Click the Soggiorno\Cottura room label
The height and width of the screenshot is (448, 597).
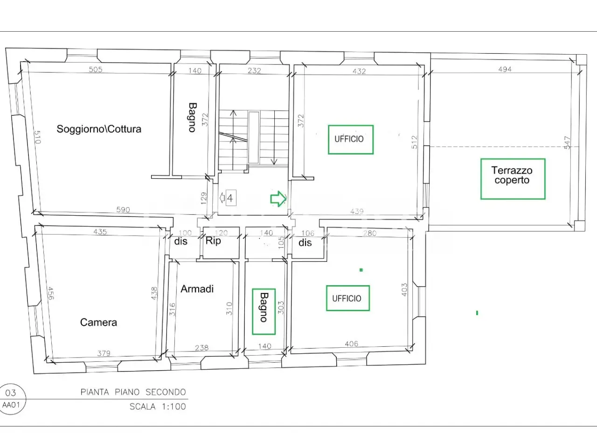[x=99, y=129]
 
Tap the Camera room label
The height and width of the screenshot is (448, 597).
[x=98, y=322]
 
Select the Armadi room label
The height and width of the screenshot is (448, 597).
[x=197, y=289]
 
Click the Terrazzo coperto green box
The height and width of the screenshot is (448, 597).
[x=513, y=179]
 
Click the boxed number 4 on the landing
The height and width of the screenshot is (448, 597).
[x=231, y=198]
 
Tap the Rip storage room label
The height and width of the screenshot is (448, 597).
[x=213, y=240]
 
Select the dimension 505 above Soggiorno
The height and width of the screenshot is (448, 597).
[x=96, y=70]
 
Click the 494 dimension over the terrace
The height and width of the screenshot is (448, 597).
[x=505, y=70]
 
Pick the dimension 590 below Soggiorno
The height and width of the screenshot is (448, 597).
[x=123, y=210]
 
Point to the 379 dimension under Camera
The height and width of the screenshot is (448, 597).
[x=104, y=353]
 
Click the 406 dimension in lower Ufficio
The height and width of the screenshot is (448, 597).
[x=351, y=344]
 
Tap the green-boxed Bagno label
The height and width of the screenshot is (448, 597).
[x=264, y=311]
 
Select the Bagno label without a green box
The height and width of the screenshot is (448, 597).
[x=192, y=118]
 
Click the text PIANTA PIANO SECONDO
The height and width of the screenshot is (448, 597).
[x=133, y=392]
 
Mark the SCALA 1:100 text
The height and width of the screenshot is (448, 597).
[x=158, y=406]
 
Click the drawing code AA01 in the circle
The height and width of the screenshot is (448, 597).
[x=11, y=405]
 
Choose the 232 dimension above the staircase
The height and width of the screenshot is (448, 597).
[x=254, y=71]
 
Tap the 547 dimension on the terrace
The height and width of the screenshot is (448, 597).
[x=567, y=142]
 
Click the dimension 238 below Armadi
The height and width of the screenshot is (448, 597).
[x=202, y=348]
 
